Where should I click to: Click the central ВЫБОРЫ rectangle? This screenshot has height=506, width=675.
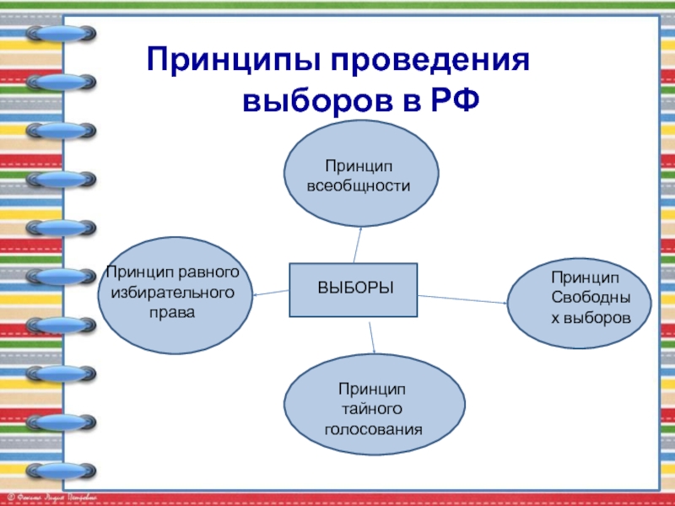(x=355, y=289)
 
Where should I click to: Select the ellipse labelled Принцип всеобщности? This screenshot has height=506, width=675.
(x=363, y=174)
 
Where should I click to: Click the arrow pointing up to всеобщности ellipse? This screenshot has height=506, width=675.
(x=359, y=245)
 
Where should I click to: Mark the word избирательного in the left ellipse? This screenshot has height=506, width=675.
(x=173, y=292)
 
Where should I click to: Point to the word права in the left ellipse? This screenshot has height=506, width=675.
(x=172, y=311)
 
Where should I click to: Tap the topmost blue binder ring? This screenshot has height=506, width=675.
(x=61, y=34)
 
